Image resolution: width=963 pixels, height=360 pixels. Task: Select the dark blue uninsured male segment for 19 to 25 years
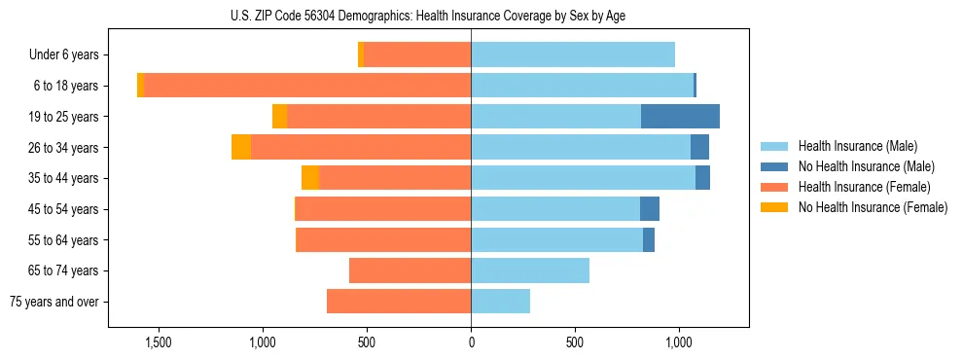tap(680, 117)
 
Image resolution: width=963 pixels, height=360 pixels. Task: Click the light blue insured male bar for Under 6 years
tap(573, 54)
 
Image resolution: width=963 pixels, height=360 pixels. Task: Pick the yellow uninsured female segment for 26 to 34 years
tap(241, 147)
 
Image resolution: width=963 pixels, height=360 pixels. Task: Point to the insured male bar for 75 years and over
tap(500, 302)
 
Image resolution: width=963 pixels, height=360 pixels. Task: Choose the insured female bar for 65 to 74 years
tap(410, 270)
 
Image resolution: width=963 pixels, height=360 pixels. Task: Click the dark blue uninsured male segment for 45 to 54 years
tap(650, 209)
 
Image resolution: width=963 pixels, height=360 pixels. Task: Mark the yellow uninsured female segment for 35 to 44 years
tap(310, 178)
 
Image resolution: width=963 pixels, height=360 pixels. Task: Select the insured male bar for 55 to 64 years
tap(556, 240)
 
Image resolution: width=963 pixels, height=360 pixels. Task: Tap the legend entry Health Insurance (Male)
tap(857, 146)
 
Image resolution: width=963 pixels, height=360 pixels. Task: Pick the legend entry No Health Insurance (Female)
tap(872, 207)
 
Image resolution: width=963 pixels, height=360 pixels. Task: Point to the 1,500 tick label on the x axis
tap(159, 342)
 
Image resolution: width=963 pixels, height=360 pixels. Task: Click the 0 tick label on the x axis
tap(471, 342)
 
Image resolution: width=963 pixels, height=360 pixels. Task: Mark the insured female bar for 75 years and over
tap(399, 302)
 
